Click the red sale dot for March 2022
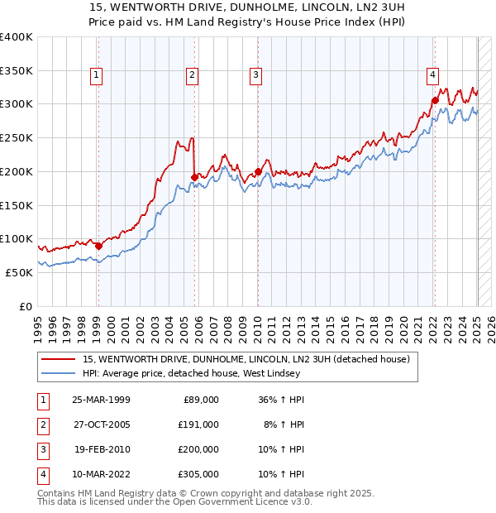pyautogui.click(x=435, y=101)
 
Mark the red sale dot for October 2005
pyautogui.click(x=195, y=177)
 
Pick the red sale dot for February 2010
pyautogui.click(x=258, y=171)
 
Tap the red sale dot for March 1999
pyautogui.click(x=98, y=246)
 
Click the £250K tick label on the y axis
pyautogui.click(x=16, y=137)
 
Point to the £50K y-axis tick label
pyautogui.click(x=19, y=272)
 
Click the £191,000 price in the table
pyautogui.click(x=198, y=424)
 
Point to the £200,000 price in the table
pyautogui.click(x=198, y=449)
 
